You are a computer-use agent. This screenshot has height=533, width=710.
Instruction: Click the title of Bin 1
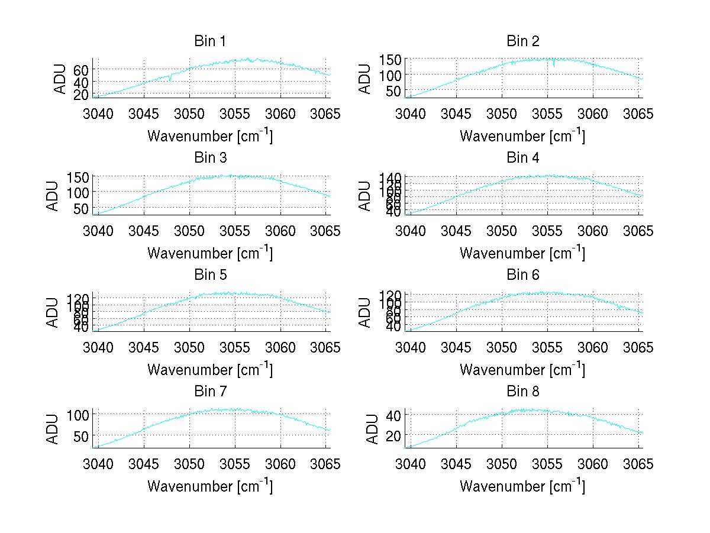tap(210, 41)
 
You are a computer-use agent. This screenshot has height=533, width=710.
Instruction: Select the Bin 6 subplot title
tap(523, 275)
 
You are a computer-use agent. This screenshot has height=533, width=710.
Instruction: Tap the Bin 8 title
tap(523, 392)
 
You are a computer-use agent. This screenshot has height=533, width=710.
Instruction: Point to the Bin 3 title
tap(210, 158)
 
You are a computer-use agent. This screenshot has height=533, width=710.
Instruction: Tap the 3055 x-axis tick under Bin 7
tap(235, 464)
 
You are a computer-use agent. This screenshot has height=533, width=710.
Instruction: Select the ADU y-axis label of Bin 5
tap(54, 312)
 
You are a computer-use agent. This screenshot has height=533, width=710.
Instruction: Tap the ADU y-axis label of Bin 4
tap(366, 195)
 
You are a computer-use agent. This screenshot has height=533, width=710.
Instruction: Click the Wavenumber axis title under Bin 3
tap(210, 253)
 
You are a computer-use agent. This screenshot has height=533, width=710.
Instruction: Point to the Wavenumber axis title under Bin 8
tap(522, 486)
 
